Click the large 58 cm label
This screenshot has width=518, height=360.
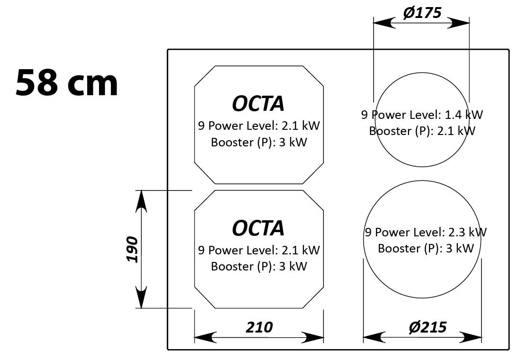coord(67,82)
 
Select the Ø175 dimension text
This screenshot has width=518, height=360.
coord(422,13)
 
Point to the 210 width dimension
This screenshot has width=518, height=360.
coord(259,327)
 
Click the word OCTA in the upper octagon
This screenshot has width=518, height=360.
coord(259,103)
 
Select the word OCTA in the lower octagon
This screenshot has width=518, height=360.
coord(259,228)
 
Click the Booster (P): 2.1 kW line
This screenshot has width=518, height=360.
coord(422,131)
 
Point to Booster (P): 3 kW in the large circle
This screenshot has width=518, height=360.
coord(426,248)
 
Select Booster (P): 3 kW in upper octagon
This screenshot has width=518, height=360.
coord(259,142)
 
